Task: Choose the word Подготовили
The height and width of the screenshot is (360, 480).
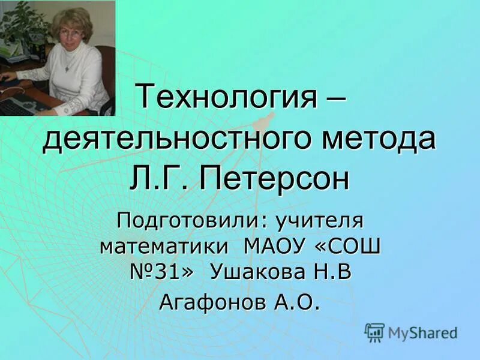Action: (x=187, y=220)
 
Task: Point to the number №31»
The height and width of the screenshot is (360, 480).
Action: (x=163, y=273)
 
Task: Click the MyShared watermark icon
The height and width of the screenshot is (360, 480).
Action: (x=374, y=331)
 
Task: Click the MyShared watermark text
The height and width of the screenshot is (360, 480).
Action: (x=422, y=332)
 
